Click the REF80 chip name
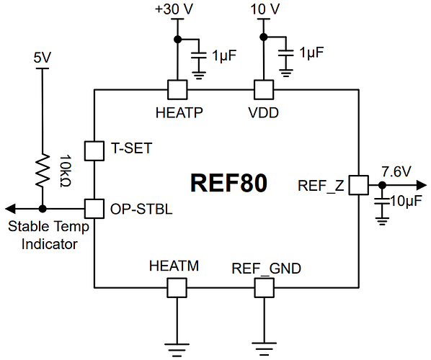click(228, 182)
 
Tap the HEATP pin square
click(177, 89)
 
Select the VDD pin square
click(264, 89)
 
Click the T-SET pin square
click(95, 150)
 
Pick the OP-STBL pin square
click(95, 208)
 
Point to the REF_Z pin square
click(358, 186)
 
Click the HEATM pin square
click(177, 288)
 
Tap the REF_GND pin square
click(264, 288)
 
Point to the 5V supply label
click(43, 56)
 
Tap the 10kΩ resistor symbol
click(43, 170)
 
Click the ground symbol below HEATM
click(177, 343)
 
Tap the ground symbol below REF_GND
click(264, 343)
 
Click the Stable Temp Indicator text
click(49, 235)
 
